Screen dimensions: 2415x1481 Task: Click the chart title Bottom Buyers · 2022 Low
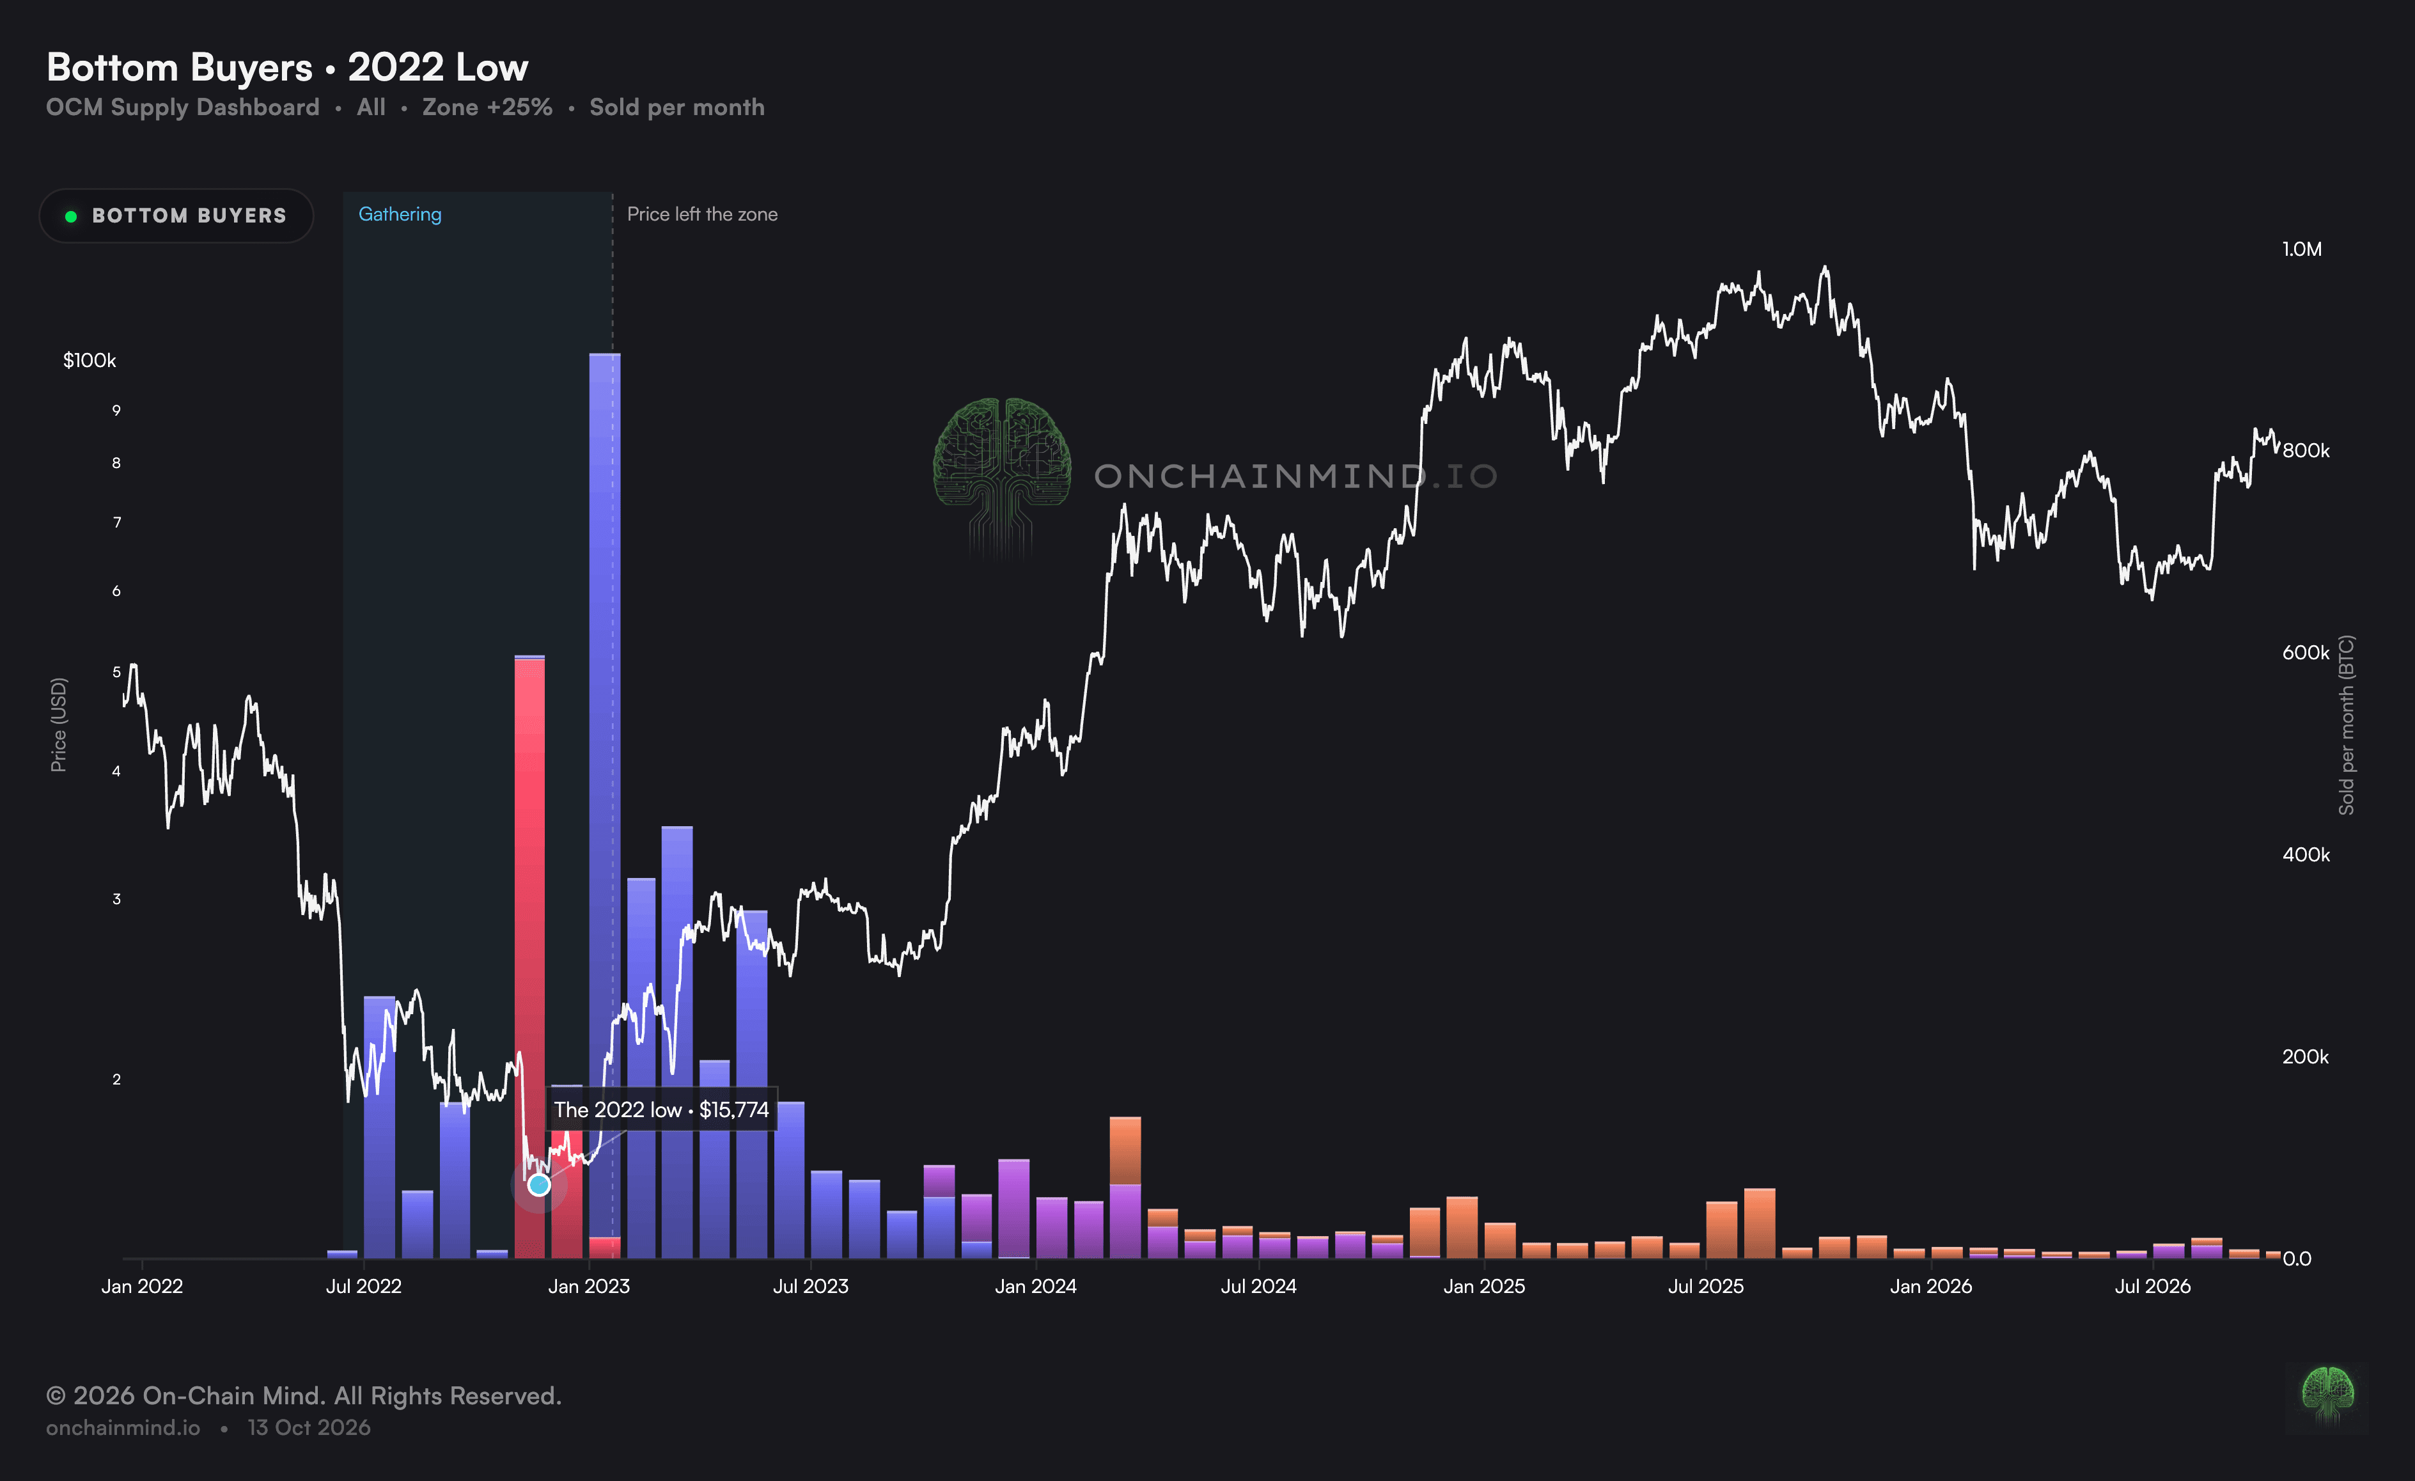tap(287, 68)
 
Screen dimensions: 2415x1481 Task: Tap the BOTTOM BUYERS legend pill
tap(176, 215)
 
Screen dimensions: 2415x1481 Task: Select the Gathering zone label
tap(400, 214)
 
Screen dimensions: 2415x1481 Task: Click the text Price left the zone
tap(702, 214)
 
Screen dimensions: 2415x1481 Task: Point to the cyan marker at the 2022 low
tap(539, 1185)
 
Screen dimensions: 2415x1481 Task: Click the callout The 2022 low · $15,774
tap(662, 1109)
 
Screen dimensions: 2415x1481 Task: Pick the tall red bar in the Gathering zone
tap(529, 958)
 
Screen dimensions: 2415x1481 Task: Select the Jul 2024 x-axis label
tap(1258, 1286)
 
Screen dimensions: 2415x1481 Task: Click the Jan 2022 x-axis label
tap(142, 1286)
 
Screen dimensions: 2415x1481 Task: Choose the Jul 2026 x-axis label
tap(2152, 1286)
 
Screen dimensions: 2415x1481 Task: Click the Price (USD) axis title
tap(59, 725)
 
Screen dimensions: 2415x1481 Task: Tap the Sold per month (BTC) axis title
tap(2345, 725)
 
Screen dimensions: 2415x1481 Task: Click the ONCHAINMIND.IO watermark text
tap(1295, 476)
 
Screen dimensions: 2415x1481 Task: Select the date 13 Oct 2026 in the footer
tap(309, 1427)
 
